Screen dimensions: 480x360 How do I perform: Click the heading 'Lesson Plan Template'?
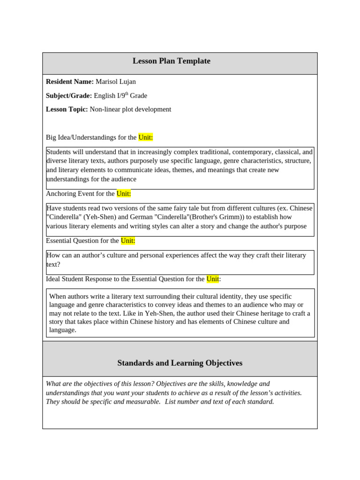click(x=171, y=61)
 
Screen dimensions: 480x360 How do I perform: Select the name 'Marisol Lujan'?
click(x=116, y=82)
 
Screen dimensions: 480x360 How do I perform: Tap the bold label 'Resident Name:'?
click(x=70, y=82)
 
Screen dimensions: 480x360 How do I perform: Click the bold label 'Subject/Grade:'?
click(x=69, y=96)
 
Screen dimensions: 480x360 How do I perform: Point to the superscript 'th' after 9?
click(x=126, y=94)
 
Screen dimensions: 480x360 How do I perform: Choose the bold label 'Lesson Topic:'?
click(x=67, y=109)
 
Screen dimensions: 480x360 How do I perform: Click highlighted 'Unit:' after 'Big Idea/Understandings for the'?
click(x=145, y=137)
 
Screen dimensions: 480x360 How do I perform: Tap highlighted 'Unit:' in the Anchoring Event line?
click(x=124, y=194)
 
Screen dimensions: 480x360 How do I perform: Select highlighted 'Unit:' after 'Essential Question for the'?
click(x=128, y=240)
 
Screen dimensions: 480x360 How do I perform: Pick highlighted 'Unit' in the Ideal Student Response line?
click(x=212, y=279)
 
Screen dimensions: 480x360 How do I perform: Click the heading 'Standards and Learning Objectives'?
click(x=180, y=363)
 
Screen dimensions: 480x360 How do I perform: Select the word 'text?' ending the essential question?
click(x=53, y=264)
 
